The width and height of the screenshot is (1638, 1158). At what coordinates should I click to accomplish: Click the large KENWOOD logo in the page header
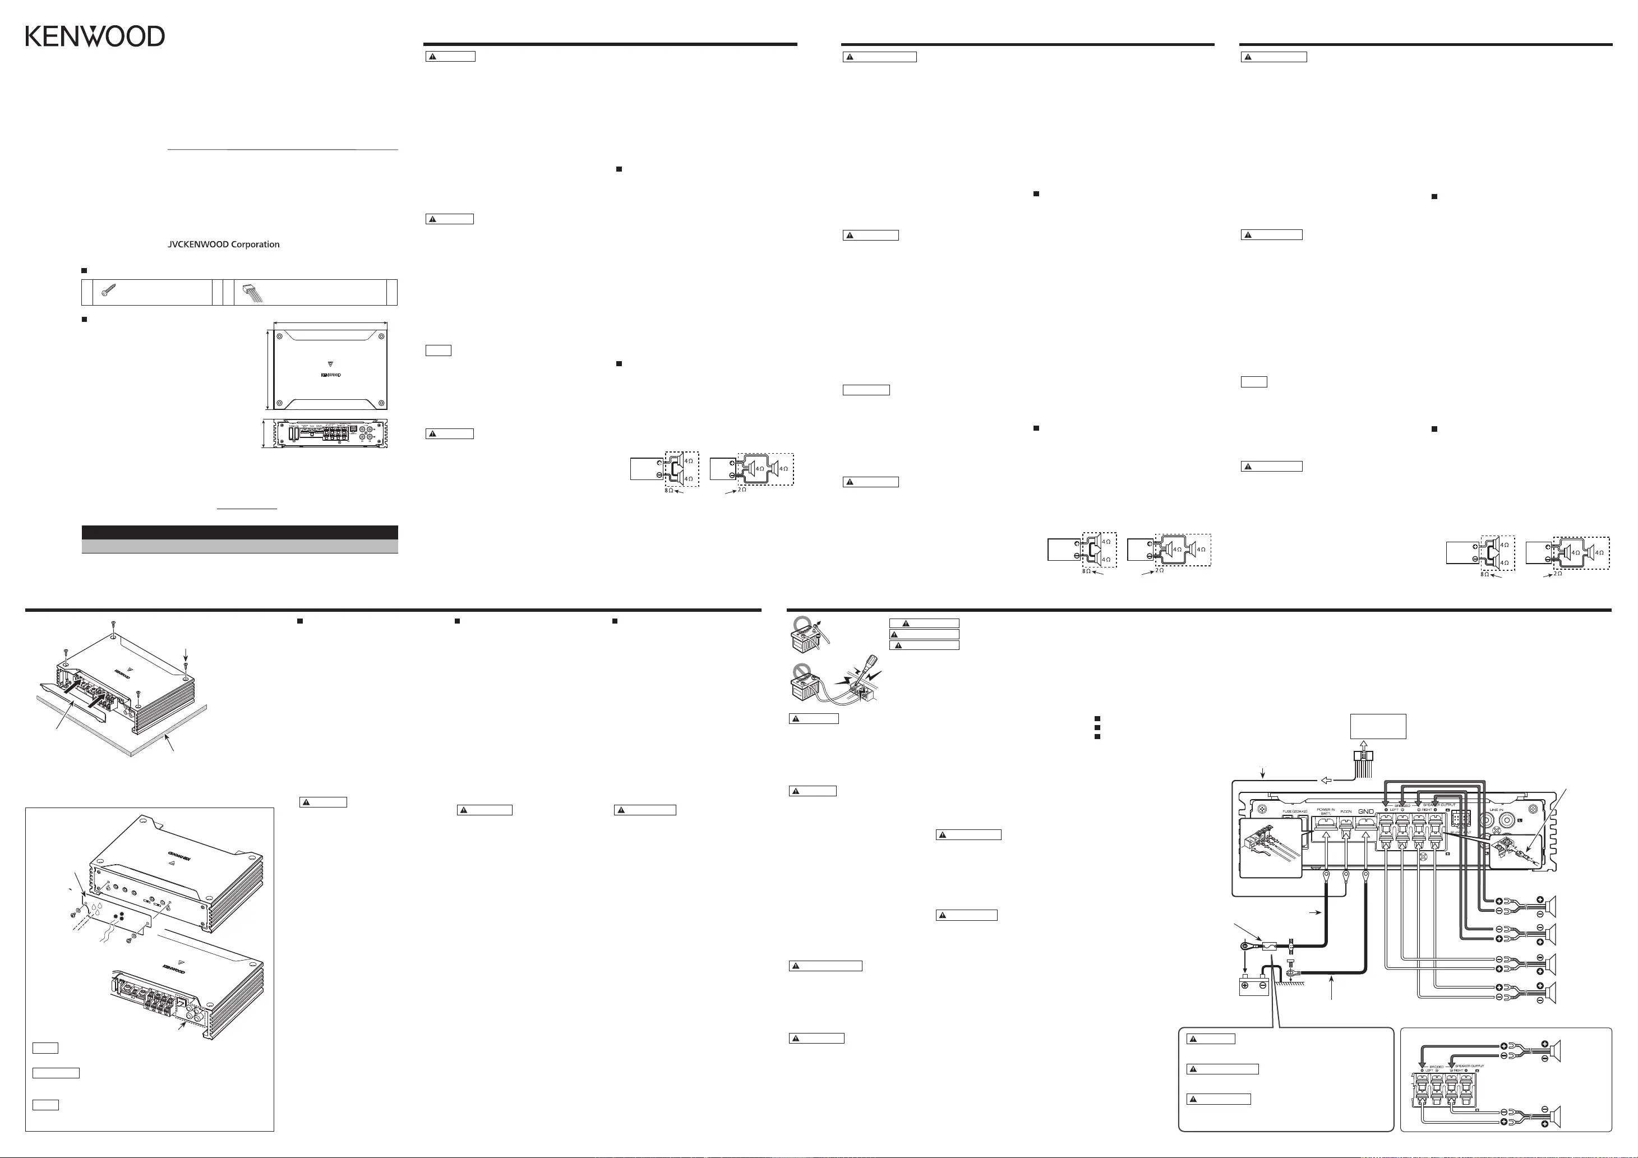pos(95,36)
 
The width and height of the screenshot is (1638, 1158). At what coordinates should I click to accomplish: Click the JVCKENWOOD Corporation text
pos(223,244)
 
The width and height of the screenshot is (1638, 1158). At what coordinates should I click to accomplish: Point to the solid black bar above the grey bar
pos(239,532)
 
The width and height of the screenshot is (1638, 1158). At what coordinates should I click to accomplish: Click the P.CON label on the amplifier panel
pos(1345,812)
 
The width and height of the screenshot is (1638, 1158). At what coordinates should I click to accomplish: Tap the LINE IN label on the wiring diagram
pos(1496,810)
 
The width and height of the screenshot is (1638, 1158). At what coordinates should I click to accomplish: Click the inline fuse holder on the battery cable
pos(1268,947)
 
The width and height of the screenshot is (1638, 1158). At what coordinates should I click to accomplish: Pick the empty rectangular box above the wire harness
pos(1378,726)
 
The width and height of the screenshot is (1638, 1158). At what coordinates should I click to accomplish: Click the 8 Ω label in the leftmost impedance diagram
pos(668,490)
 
